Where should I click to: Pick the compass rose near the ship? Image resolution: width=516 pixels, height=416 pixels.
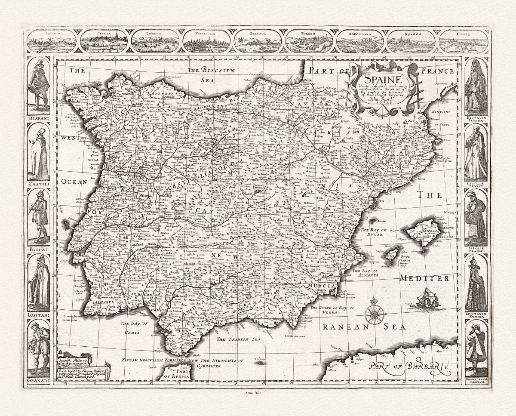375,314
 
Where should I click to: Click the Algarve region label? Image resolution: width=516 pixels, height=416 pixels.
103,302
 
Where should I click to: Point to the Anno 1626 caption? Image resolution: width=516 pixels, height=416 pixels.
258,392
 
